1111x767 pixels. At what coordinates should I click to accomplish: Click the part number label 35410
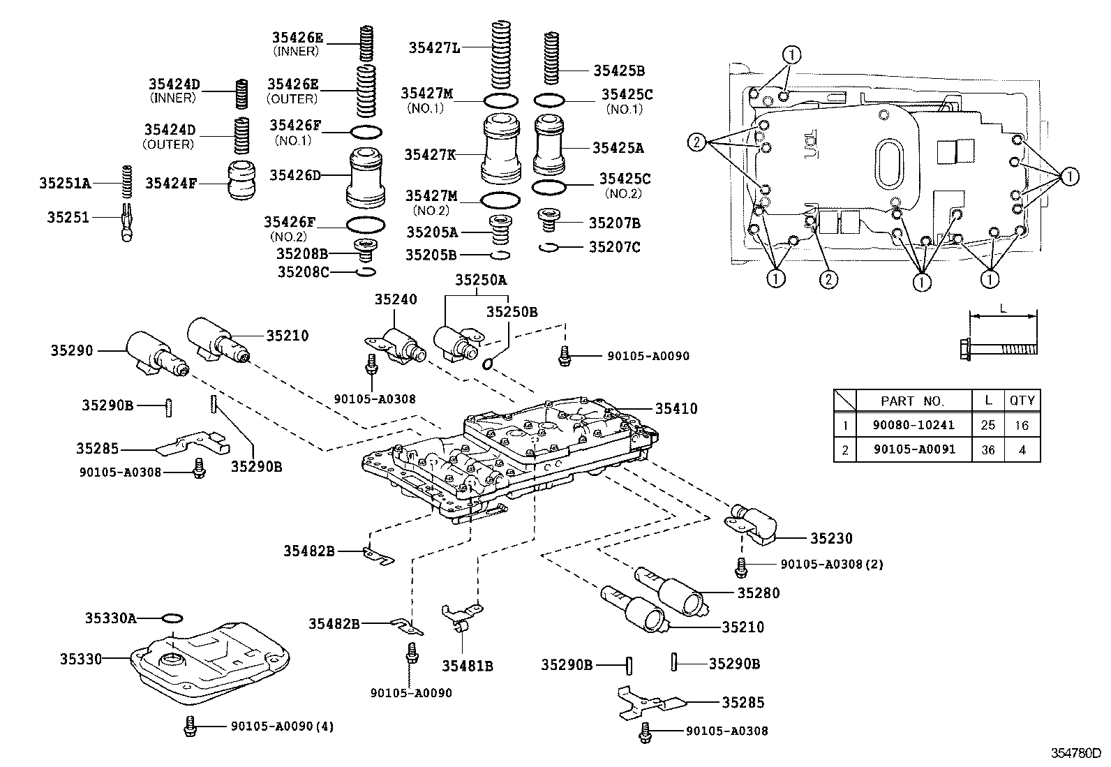coord(676,409)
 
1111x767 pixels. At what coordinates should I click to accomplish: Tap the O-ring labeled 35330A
coord(172,618)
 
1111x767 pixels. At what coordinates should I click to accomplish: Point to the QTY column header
coord(1022,401)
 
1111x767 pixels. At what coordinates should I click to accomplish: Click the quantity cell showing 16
coord(1022,425)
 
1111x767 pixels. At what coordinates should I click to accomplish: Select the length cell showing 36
coord(987,450)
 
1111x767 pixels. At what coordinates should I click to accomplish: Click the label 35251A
coord(65,184)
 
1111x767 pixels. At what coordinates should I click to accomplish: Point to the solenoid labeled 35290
coord(154,353)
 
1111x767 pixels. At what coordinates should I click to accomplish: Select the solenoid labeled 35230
coord(755,525)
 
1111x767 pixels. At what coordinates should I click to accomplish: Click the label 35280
coord(758,593)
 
